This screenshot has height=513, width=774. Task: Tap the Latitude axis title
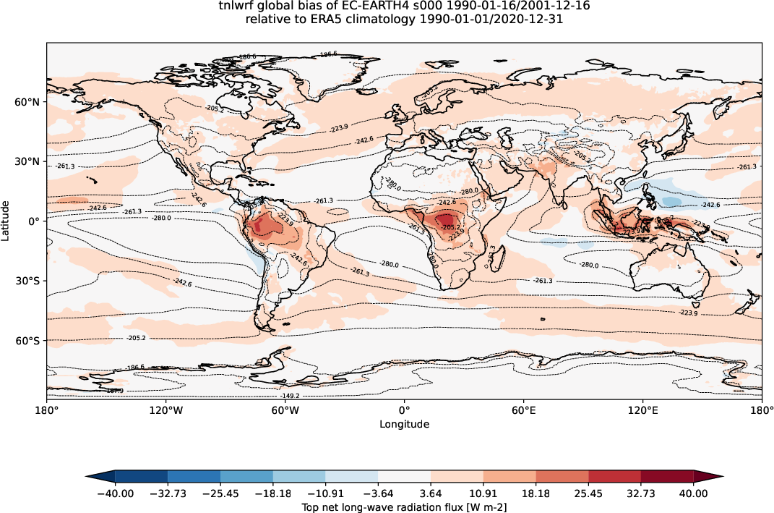[7, 221]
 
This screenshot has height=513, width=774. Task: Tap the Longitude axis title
[404, 425]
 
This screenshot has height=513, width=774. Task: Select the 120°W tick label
[165, 411]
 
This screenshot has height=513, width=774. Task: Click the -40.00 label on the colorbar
[115, 493]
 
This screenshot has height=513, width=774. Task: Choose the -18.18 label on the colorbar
[272, 493]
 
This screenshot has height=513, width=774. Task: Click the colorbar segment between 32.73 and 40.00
[668, 476]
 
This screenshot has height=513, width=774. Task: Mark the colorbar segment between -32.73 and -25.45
[194, 476]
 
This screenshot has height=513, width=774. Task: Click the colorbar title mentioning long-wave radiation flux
[404, 507]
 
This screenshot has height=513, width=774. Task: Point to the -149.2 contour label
[291, 396]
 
